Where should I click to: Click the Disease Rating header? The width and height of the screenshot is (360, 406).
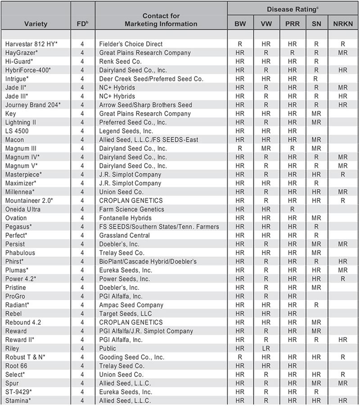[x=293, y=9]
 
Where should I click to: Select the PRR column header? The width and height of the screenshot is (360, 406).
[x=292, y=23]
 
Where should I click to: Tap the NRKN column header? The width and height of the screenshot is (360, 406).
[x=343, y=23]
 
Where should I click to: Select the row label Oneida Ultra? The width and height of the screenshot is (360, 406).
[x=22, y=209]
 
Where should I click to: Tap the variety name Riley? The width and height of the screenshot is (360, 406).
[x=12, y=348]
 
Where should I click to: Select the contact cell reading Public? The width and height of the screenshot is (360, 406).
[x=108, y=348]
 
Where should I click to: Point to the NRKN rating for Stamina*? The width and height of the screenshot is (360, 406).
[x=343, y=401]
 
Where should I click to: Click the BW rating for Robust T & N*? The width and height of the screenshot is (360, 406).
[x=240, y=357]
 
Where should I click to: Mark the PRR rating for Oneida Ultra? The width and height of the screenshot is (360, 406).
[x=292, y=209]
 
